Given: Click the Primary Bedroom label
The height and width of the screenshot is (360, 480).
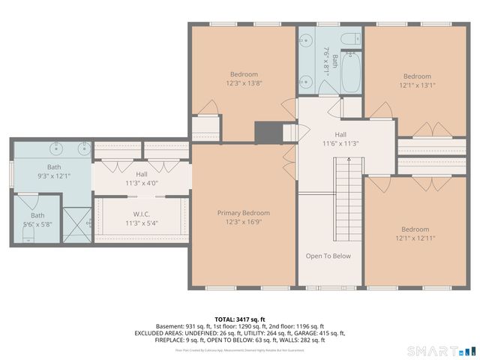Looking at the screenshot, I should click(x=243, y=213).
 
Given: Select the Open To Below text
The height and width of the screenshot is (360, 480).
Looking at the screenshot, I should click(x=328, y=256).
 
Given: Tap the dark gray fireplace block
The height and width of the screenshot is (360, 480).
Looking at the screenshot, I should click(x=266, y=133).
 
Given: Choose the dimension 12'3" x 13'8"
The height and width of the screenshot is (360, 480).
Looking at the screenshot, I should click(x=244, y=83).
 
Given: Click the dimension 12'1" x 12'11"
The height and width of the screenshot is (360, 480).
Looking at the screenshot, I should click(x=414, y=238).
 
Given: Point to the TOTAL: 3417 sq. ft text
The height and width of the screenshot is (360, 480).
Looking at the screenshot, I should click(x=239, y=319).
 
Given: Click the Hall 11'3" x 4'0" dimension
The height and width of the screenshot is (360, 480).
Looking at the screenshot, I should click(x=142, y=182).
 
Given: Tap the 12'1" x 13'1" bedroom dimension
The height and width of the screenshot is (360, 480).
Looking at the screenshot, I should click(x=417, y=85).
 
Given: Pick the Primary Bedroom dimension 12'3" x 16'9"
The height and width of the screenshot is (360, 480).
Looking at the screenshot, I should click(x=243, y=222).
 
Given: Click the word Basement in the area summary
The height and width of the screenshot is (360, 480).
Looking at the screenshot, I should click(x=171, y=327).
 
